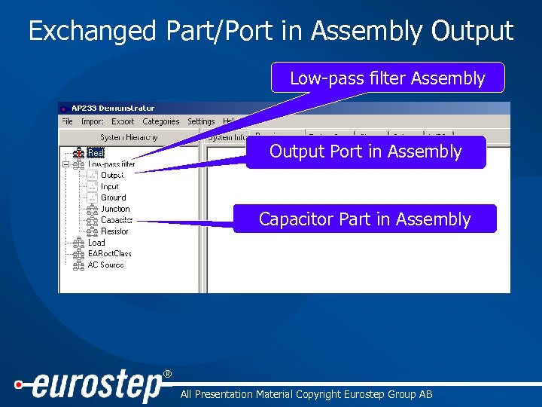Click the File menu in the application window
click(67, 121)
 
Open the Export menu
click(123, 121)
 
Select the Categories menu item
click(161, 121)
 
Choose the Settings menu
click(201, 121)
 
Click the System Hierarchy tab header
click(129, 137)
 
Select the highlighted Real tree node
click(96, 153)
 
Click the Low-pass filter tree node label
click(111, 164)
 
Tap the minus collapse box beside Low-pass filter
click(66, 164)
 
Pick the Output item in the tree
click(112, 176)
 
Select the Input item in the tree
click(110, 186)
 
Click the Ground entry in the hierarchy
click(113, 197)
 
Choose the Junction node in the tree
click(115, 209)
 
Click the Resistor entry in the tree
click(114, 231)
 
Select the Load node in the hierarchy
click(96, 243)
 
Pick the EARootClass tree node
click(109, 254)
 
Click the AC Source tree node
click(105, 265)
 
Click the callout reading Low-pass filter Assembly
click(388, 78)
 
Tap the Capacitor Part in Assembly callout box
click(365, 219)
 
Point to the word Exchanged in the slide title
click(92, 31)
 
